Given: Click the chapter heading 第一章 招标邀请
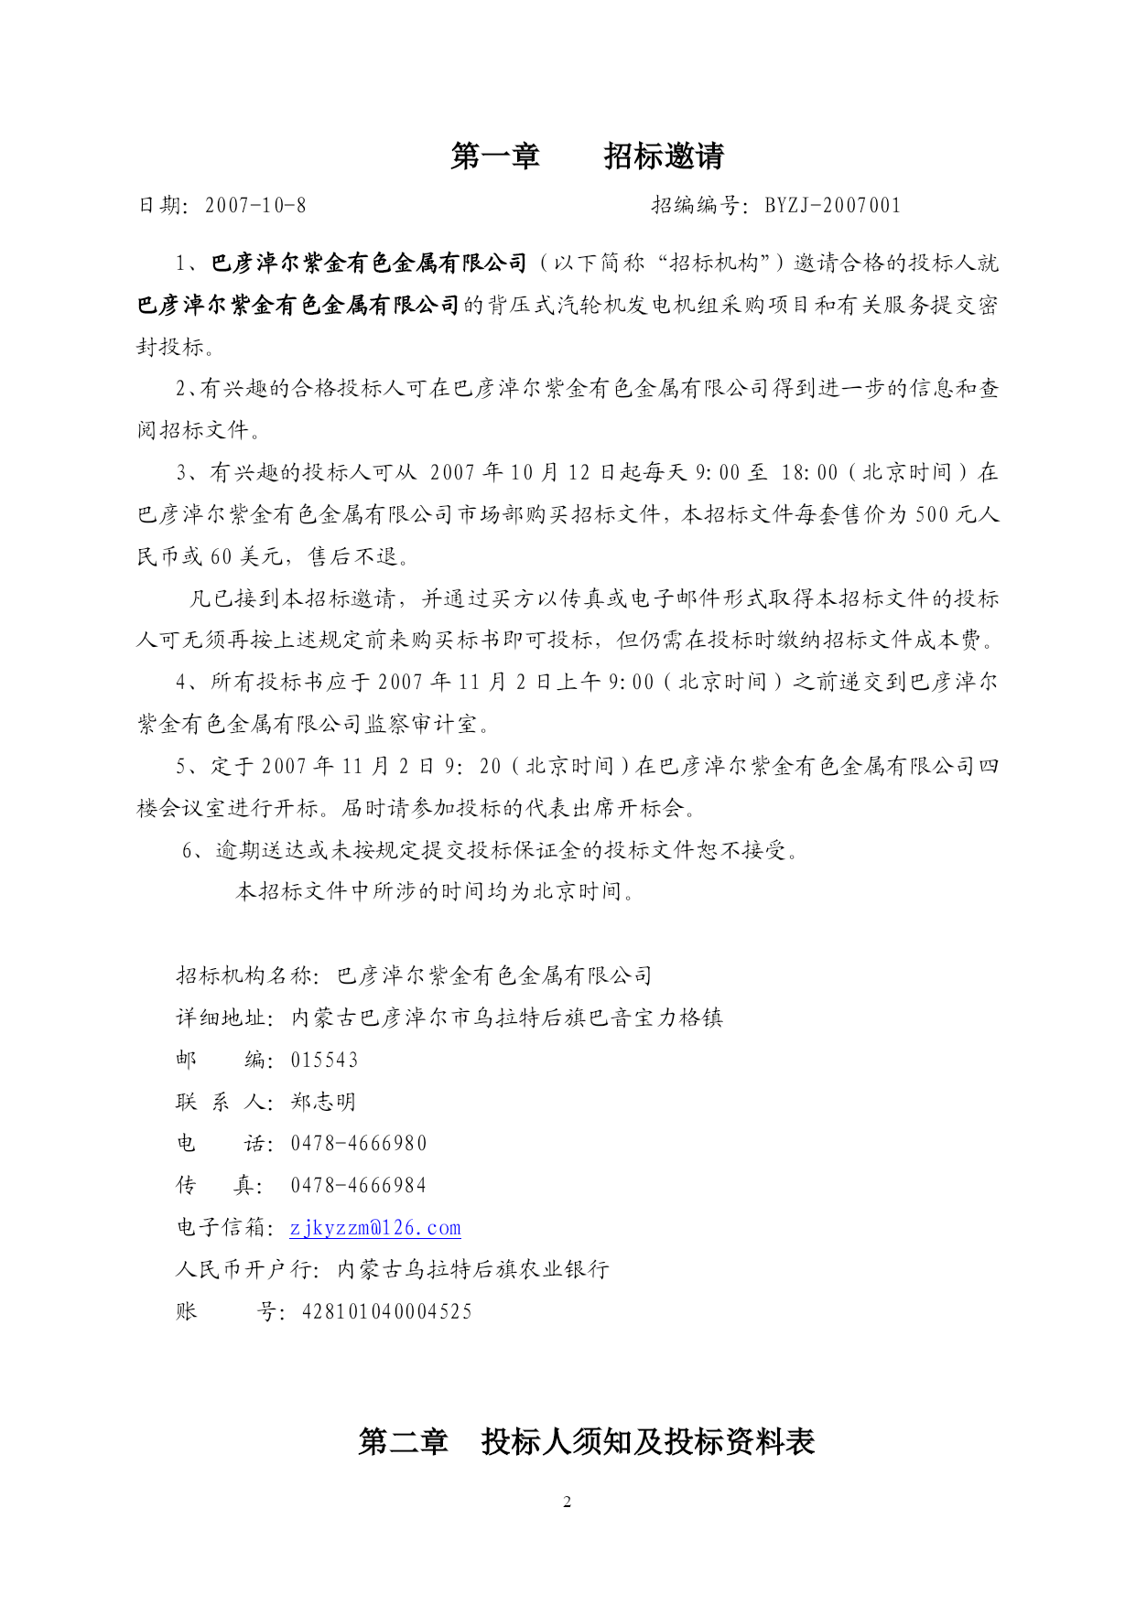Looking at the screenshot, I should pos(587,156).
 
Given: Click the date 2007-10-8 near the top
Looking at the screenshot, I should pos(255,206).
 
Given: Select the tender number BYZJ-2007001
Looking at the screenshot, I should pos(832,206).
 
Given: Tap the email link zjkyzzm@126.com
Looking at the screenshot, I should pos(375,1228).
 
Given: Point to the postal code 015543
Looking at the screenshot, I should pos(325,1061).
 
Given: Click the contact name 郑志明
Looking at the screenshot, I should pos(323,1103).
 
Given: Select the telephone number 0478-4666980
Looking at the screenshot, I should pos(359,1144).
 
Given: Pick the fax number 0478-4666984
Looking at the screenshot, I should pos(359,1186).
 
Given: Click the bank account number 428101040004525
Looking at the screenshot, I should pos(387,1312).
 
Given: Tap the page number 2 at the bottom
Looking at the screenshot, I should pos(568,1502).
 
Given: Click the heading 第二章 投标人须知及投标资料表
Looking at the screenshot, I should pos(587,1442).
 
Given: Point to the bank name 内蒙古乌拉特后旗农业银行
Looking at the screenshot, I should pos(473,1270).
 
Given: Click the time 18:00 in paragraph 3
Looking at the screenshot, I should pos(809,473).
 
